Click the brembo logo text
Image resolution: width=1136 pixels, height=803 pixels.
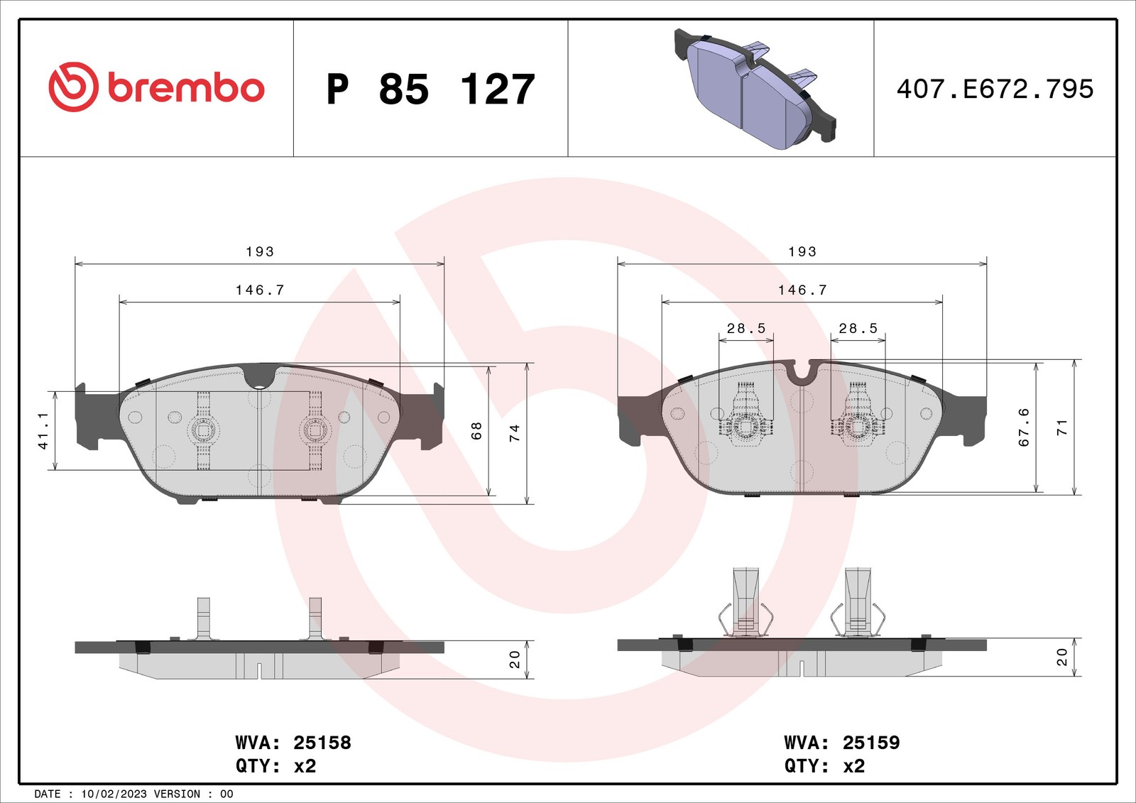point(186,88)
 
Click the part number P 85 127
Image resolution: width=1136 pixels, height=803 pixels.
point(430,89)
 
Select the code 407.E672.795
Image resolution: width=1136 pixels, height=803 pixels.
point(995,89)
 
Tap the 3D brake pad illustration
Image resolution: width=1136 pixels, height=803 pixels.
point(754,89)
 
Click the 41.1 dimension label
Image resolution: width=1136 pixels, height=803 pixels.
point(43,430)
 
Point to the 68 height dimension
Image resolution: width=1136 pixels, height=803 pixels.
point(476,430)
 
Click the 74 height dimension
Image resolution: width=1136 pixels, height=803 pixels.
point(515,432)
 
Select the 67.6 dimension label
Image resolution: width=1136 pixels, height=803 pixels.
point(1024,427)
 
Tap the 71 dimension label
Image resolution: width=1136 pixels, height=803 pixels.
point(1062,427)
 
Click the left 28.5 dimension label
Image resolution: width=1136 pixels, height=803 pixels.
point(746,329)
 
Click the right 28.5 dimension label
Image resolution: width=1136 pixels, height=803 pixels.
point(858,329)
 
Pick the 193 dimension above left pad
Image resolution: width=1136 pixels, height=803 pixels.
point(260,252)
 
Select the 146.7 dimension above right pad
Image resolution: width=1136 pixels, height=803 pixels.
point(802,290)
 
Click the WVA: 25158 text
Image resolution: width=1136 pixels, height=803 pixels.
point(293,743)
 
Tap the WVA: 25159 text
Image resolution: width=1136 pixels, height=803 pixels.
point(842,743)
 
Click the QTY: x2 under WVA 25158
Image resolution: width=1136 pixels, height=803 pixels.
point(275,766)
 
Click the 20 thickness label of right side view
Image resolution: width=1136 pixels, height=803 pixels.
point(1062,657)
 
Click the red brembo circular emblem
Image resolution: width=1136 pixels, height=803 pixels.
point(73,87)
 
